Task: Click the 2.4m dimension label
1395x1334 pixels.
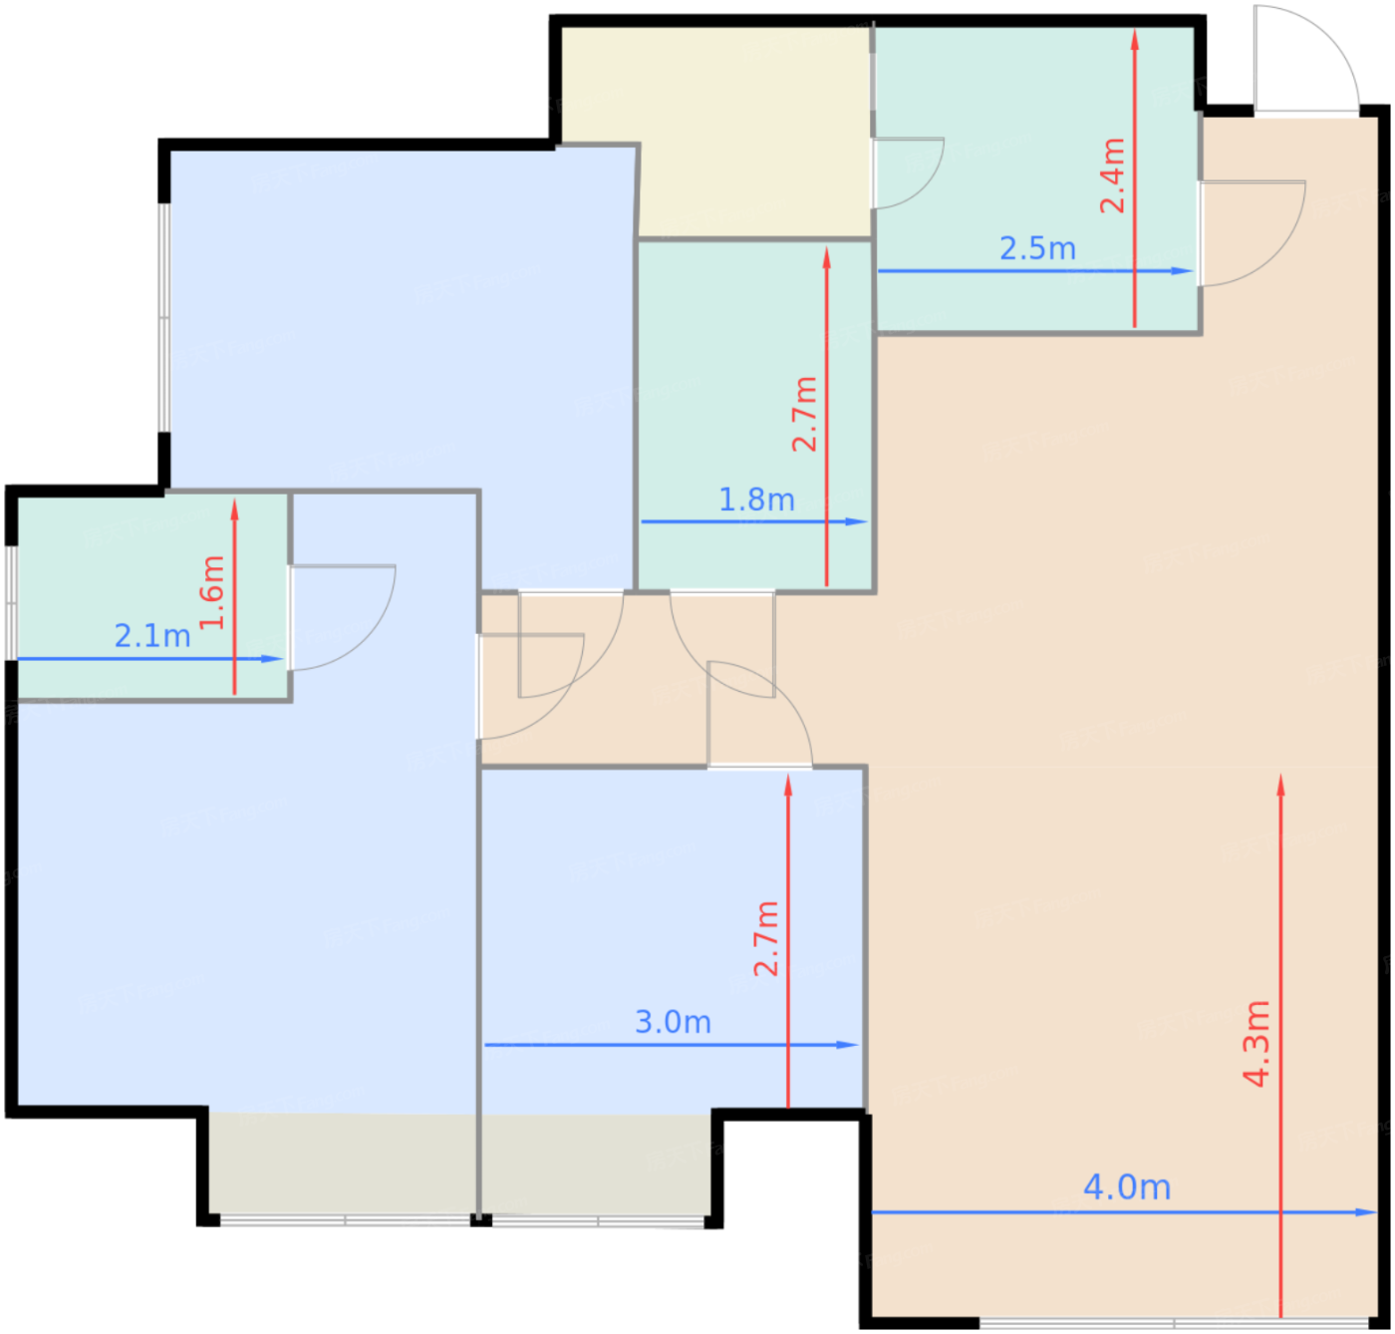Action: [x=1112, y=175]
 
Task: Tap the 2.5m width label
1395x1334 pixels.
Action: [x=1037, y=249]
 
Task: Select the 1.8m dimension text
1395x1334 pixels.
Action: [x=756, y=500]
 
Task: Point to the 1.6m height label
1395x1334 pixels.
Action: [x=212, y=592]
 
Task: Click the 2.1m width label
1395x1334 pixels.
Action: [x=152, y=636]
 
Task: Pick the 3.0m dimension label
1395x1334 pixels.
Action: [x=673, y=1023]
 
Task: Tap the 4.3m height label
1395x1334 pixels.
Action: [x=1255, y=1044]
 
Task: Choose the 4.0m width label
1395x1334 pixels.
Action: [x=1127, y=1187]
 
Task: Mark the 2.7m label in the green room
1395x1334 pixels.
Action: [x=804, y=414]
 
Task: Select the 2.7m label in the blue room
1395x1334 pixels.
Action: [x=766, y=939]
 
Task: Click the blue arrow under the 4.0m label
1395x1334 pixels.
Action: [x=1124, y=1212]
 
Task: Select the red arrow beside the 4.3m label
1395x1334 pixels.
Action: [x=1280, y=1046]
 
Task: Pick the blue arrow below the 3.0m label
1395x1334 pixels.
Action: [x=672, y=1045]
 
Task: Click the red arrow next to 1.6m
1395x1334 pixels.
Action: [x=234, y=597]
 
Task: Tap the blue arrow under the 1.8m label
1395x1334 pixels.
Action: [x=754, y=521]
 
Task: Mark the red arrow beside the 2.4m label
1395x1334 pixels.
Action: [x=1134, y=178]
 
